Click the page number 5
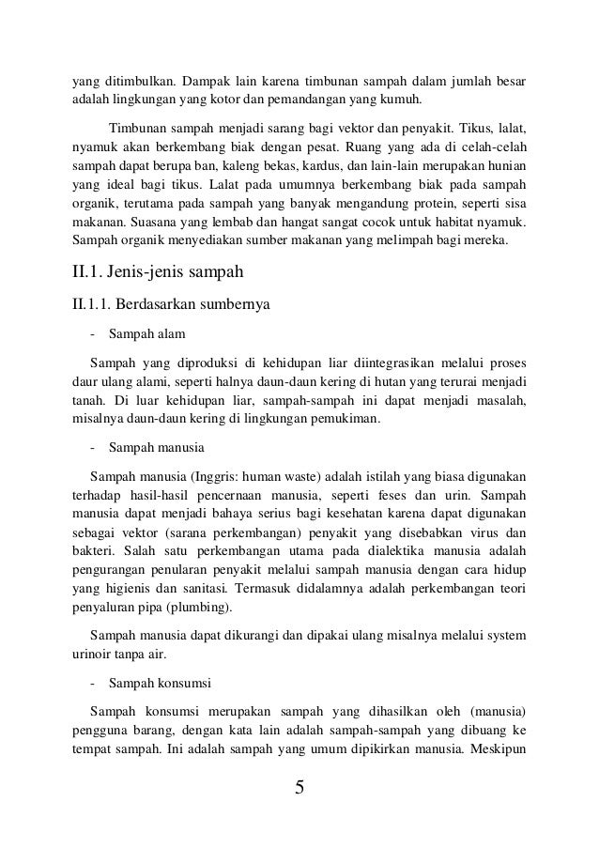(x=299, y=787)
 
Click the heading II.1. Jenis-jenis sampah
(x=153, y=276)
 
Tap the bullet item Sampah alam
(x=147, y=333)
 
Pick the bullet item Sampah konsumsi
(x=160, y=675)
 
